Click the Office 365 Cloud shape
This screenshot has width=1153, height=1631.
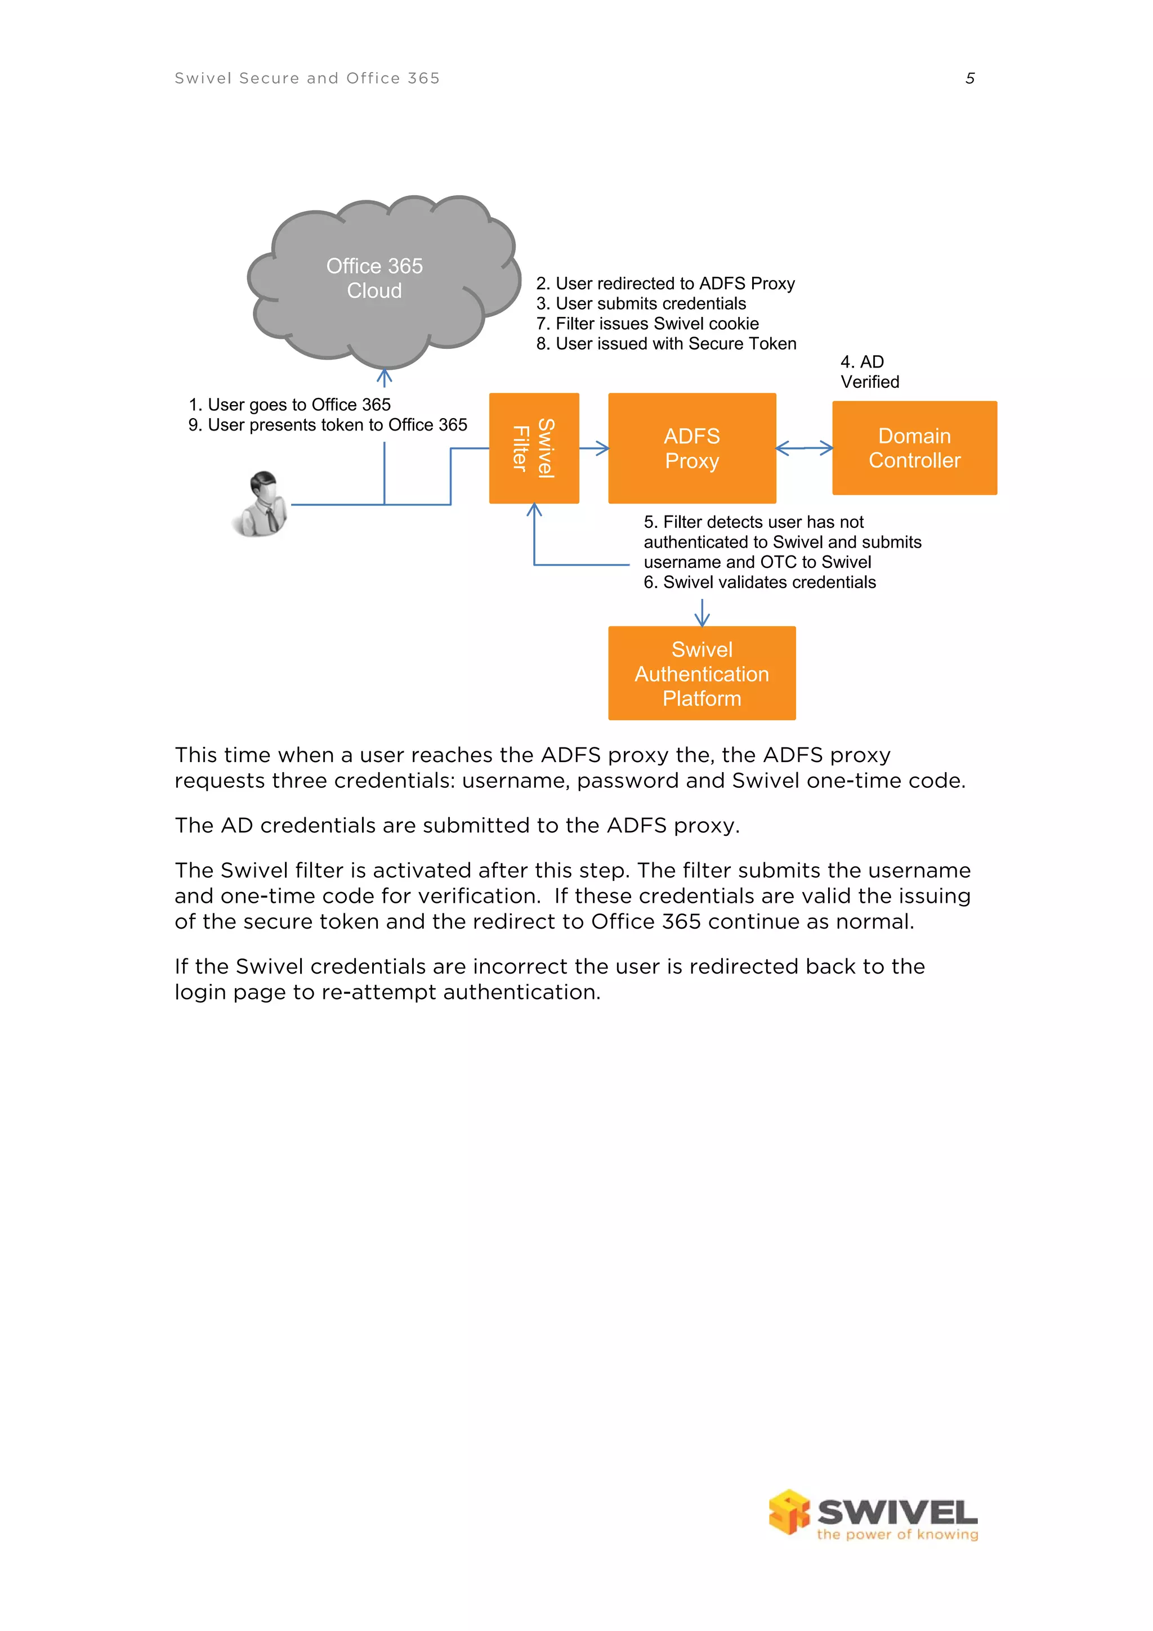[x=374, y=279]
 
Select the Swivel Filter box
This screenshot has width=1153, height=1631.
[x=534, y=448]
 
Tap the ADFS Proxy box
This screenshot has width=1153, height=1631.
[x=691, y=448]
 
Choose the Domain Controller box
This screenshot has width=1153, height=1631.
[x=914, y=448]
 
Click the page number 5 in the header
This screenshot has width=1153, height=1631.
[x=969, y=78]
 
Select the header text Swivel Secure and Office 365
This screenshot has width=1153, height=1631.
[x=307, y=78]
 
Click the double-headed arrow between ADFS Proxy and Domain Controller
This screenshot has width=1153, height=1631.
[x=803, y=448]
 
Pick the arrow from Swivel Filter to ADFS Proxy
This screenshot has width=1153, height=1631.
[x=595, y=448]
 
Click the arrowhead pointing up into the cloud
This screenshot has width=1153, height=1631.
[x=385, y=377]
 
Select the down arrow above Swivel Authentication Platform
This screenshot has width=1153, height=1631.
[x=702, y=613]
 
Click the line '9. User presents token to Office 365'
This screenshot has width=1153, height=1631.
[x=328, y=425]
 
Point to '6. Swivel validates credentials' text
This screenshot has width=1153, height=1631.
[x=759, y=582]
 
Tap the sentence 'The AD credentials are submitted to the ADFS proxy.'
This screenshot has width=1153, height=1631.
[x=457, y=826]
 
